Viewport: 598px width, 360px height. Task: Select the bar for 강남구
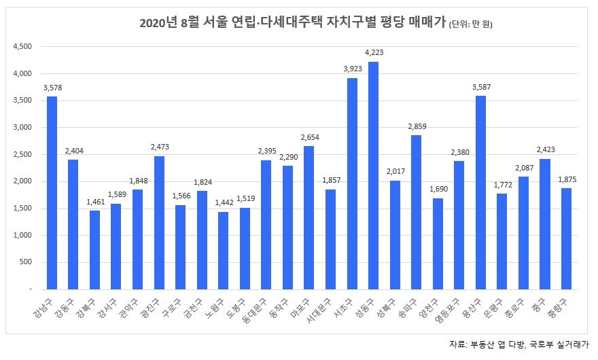[x=52, y=193]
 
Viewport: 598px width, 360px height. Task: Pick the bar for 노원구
[x=224, y=251]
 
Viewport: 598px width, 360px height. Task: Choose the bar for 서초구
[x=352, y=183]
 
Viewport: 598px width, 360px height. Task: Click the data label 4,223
[x=374, y=52]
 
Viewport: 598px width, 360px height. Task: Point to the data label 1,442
[x=224, y=202]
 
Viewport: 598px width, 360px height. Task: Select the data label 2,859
[x=417, y=126]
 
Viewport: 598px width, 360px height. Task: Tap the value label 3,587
[x=481, y=87]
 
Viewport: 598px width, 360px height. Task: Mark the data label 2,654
[x=309, y=137]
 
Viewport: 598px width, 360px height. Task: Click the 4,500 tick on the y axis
[x=22, y=47]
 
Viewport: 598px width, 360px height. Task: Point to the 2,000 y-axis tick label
[x=22, y=181]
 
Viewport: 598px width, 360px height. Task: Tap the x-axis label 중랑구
[x=563, y=303]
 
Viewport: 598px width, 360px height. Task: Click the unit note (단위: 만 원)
[x=470, y=25]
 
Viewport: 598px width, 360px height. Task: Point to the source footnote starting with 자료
[x=519, y=344]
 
